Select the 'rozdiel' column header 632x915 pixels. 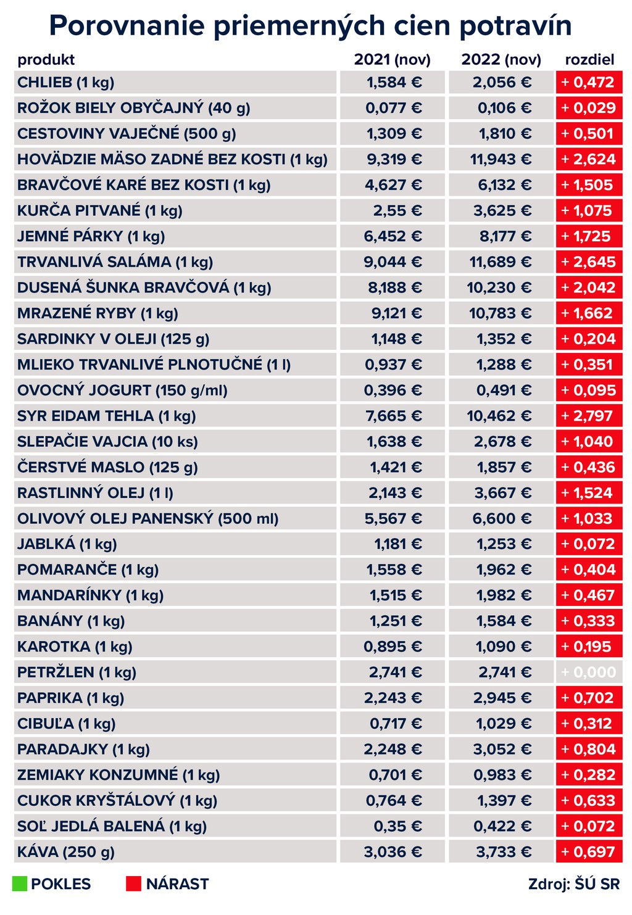589,60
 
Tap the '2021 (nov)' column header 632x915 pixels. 392,60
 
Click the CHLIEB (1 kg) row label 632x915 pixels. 66,83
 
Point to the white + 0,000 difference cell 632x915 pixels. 589,673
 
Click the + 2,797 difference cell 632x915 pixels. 589,416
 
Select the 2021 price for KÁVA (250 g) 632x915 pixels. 393,852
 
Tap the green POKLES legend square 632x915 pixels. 19,884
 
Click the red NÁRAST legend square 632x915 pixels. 133,884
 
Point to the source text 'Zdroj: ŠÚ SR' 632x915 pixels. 573,884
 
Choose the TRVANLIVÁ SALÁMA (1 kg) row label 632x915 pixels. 115,262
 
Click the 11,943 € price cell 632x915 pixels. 501,160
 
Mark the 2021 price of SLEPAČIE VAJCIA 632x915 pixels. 394,442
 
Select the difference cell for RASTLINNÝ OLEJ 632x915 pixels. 589,493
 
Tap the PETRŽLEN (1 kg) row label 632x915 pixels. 77,673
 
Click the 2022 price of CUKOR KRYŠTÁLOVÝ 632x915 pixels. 504,801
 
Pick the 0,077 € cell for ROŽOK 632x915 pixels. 394,109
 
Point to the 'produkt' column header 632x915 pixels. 46,60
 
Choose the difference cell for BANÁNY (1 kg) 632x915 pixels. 589,621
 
